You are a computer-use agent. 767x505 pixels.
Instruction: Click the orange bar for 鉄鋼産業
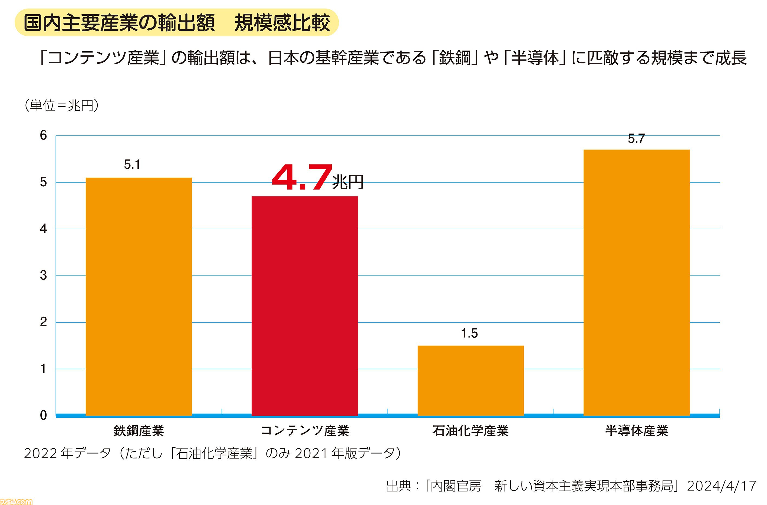point(139,296)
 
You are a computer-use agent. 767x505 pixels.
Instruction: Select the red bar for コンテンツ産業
point(305,306)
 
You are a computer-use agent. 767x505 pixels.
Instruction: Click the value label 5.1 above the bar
point(132,165)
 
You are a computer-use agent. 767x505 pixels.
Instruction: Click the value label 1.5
point(469,333)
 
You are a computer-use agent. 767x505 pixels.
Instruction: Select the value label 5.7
point(636,139)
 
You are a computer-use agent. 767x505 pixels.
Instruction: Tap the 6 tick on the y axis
point(44,135)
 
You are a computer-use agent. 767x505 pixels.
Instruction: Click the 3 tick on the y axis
point(44,275)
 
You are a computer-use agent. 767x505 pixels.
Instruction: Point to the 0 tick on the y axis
point(44,416)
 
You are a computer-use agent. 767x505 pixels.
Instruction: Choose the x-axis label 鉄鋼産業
point(139,431)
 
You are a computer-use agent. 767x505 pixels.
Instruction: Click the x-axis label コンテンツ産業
point(305,431)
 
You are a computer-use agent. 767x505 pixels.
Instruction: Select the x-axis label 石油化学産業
point(470,431)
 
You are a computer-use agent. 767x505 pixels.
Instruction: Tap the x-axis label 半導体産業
point(637,431)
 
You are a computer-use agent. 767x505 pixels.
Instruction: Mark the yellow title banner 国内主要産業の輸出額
point(177,22)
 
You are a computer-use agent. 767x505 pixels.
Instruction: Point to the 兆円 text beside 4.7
point(347,182)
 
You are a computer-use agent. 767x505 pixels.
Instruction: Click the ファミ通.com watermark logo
point(16,501)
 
